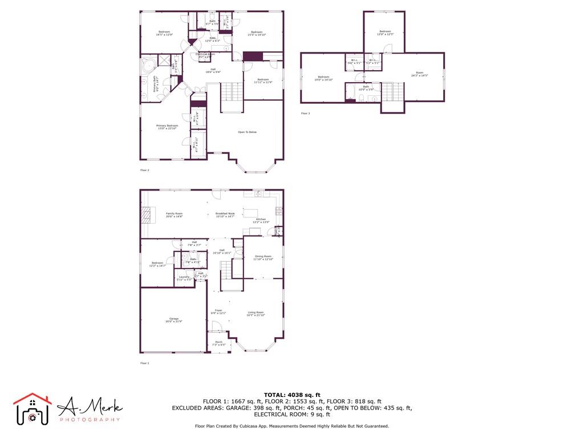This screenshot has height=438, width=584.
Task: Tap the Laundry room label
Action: [x=183, y=278]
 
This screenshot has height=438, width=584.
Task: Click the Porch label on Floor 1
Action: [x=219, y=343]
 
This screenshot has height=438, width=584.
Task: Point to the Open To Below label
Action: [x=248, y=132]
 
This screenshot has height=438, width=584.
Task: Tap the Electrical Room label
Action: [x=205, y=55]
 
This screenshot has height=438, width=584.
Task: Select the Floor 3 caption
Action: [x=306, y=113]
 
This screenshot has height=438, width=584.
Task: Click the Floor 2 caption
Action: [x=145, y=170]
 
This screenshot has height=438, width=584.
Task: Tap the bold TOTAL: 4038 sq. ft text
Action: [x=292, y=395]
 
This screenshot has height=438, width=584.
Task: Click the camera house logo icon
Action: [x=33, y=409]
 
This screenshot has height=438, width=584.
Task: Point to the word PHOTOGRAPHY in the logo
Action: [x=90, y=420]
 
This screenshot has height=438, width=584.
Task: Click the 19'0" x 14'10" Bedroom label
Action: [x=324, y=79]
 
